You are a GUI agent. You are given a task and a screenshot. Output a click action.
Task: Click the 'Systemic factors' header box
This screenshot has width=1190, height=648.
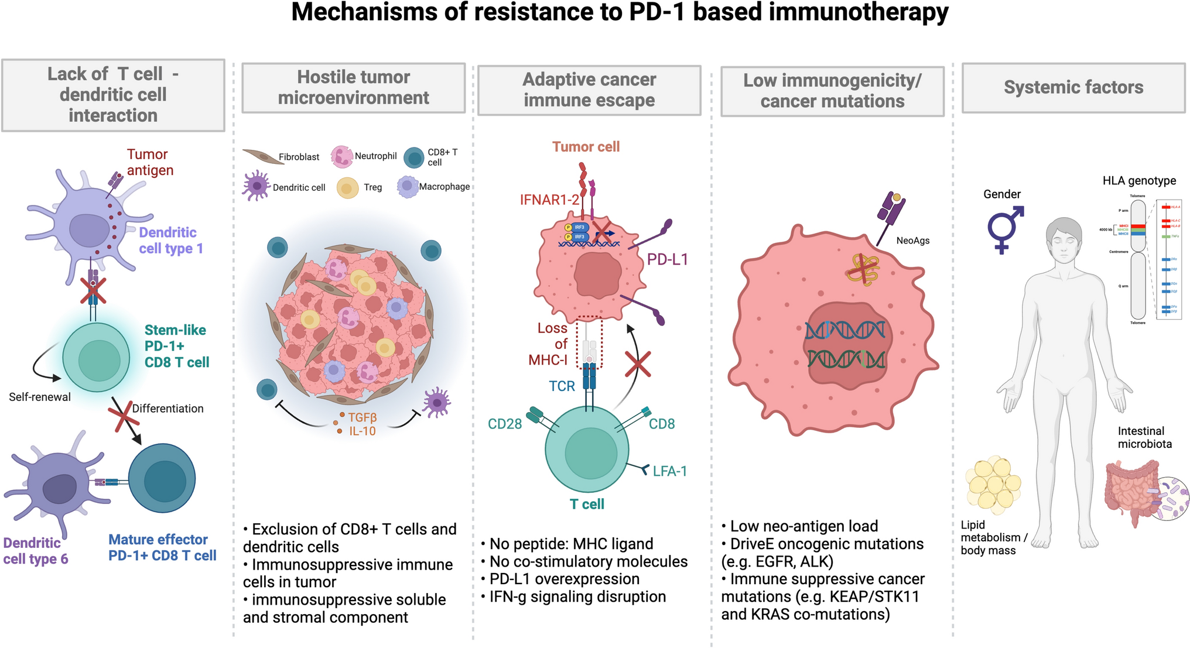[1073, 88]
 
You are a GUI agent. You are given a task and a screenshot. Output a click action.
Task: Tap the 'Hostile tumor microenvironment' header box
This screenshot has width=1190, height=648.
[353, 88]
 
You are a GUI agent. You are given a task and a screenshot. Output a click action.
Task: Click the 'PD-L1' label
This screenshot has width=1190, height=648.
[667, 259]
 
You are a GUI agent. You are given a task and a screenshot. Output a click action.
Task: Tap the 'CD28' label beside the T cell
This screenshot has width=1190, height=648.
[504, 424]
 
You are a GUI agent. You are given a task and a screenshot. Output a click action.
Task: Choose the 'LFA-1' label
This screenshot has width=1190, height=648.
[669, 471]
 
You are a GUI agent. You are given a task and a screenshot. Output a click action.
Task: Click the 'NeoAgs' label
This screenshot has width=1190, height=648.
[912, 241]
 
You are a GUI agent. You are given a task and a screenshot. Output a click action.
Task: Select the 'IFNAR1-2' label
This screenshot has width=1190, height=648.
[549, 200]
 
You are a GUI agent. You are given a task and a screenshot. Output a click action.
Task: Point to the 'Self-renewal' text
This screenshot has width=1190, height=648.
[40, 397]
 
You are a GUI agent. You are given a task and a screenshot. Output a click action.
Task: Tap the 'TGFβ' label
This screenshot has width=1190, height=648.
[363, 417]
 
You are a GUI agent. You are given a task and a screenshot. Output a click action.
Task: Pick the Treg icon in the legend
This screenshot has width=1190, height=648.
[347, 188]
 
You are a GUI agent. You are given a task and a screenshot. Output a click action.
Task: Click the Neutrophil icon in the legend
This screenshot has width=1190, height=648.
[341, 156]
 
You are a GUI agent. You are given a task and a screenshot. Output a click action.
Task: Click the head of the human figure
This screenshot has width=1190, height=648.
[1064, 240]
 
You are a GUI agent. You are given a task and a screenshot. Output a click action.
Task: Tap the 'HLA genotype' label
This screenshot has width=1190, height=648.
[1138, 180]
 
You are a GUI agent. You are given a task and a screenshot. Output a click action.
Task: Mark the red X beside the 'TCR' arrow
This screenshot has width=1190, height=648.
[637, 364]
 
